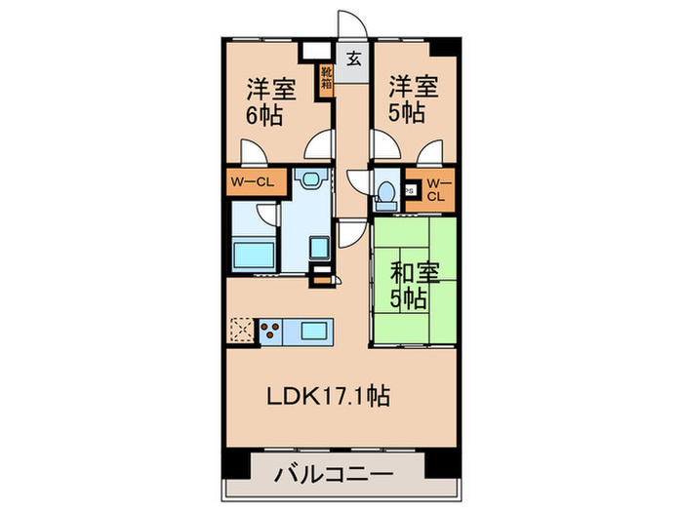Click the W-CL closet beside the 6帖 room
click(256, 182)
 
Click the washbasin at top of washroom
click(311, 180)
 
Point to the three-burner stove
click(270, 332)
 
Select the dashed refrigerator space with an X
click(241, 332)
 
